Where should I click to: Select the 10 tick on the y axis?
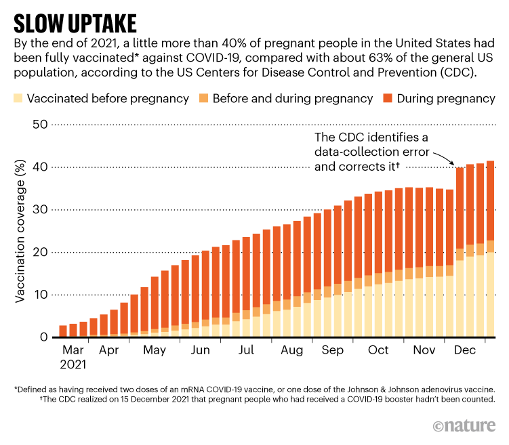39,295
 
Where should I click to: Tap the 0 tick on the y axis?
42,337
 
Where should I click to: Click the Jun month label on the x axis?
200,350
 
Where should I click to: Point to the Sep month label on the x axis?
333,350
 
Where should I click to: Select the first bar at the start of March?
63,331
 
